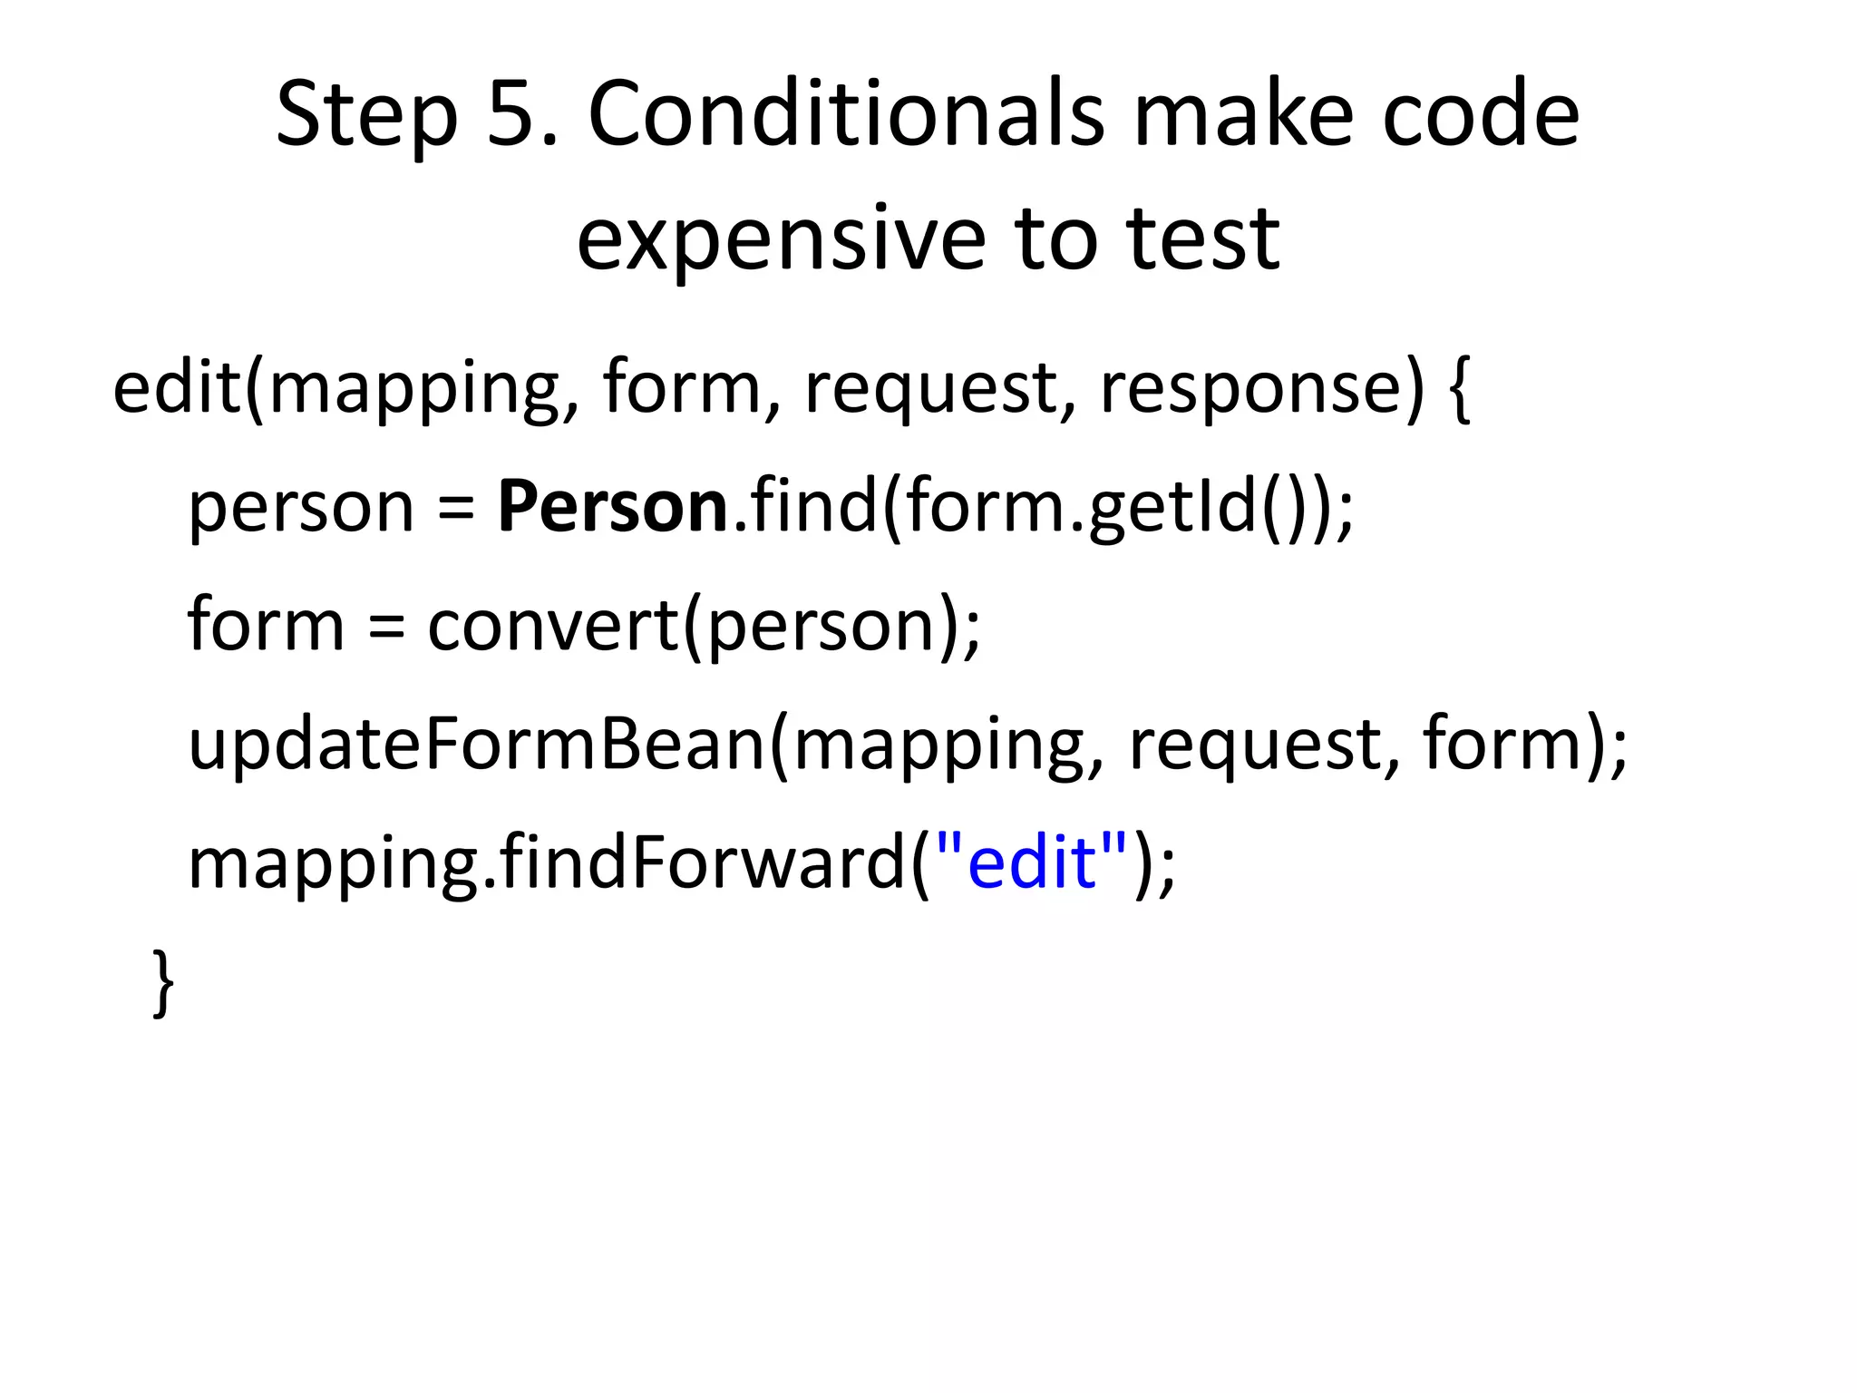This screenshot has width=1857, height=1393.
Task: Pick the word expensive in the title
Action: pos(780,238)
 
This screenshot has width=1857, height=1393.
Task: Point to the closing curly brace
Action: pos(162,983)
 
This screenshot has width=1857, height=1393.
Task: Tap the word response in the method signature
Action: pos(1249,388)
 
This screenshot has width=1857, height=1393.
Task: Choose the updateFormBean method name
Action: pos(477,744)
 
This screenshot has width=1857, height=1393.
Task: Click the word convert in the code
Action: pos(552,625)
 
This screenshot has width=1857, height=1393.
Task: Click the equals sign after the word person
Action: pos(455,508)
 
